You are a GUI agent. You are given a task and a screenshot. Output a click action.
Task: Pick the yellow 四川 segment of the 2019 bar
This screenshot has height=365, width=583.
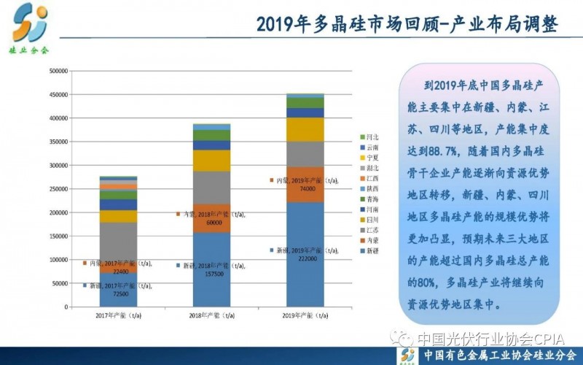(305, 129)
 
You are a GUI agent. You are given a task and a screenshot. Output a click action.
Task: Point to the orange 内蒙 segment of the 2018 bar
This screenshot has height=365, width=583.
(211, 218)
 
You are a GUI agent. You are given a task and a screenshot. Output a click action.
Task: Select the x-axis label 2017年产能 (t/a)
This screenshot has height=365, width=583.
(119, 315)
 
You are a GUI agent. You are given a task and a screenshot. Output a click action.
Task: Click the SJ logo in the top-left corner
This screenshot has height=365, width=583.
(30, 23)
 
